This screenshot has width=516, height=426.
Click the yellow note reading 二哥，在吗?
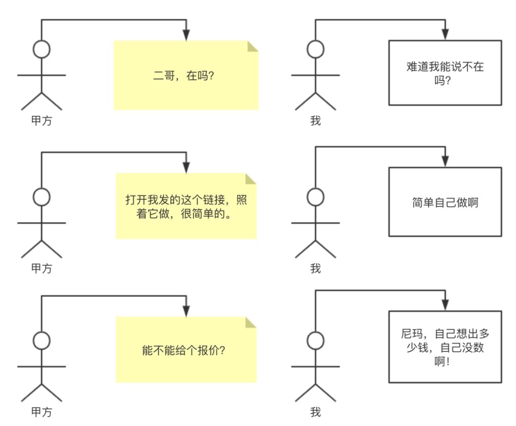(186, 76)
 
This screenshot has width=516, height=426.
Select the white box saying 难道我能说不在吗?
(445, 73)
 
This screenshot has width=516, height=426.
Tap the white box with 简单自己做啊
(445, 202)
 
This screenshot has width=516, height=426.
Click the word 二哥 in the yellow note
(162, 76)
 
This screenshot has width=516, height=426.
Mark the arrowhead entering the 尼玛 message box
(445, 305)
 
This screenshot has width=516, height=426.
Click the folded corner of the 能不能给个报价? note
(251, 323)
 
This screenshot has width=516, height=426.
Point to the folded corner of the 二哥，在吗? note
(252, 46)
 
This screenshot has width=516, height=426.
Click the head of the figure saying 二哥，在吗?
(42, 49)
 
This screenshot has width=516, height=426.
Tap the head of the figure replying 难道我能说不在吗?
(315, 49)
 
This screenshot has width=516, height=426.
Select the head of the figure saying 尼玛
(315, 341)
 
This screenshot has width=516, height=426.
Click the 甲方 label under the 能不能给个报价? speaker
(42, 412)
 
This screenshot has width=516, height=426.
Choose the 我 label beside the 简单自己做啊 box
(315, 269)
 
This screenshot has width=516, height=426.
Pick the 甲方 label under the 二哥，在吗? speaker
(42, 120)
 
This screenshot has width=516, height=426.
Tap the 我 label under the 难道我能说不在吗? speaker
(315, 120)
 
